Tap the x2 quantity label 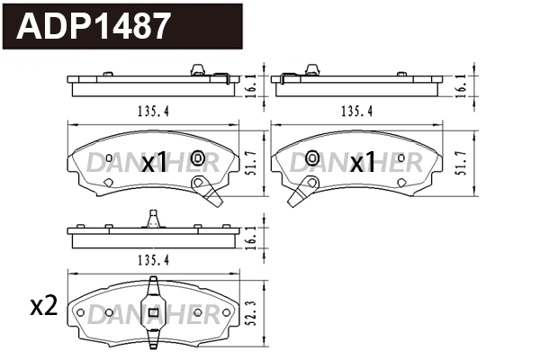click(x=43, y=306)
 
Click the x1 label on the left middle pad click(x=155, y=162)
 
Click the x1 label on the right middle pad click(x=362, y=162)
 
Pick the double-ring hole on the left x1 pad click(x=198, y=160)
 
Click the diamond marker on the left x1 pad click(x=108, y=183)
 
